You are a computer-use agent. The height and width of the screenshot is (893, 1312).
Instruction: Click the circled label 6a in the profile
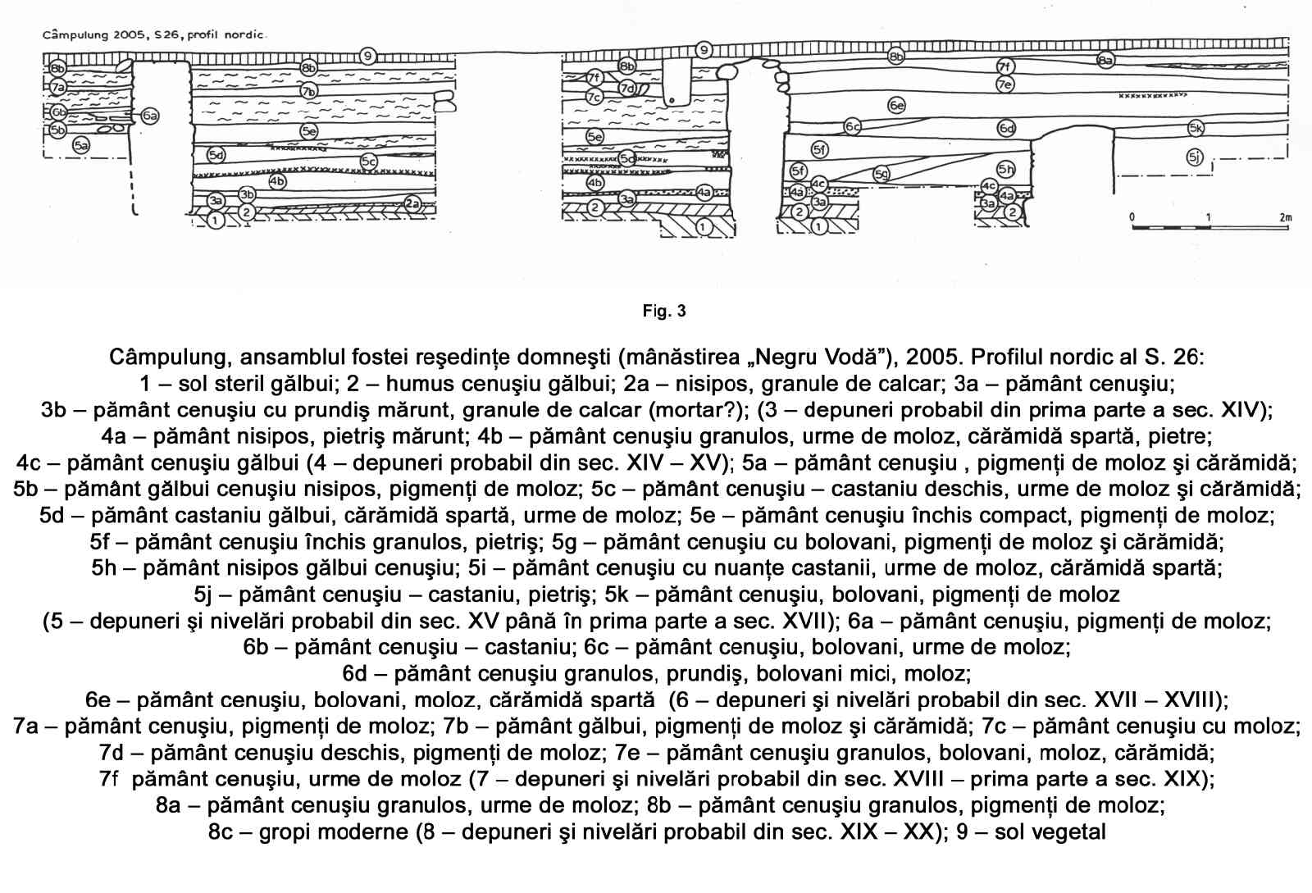149,116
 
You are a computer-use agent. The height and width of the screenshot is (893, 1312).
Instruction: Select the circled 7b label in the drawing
308,91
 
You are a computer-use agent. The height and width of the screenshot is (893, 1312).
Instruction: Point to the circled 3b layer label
247,194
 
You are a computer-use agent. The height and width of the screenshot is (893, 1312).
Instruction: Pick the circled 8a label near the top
1105,60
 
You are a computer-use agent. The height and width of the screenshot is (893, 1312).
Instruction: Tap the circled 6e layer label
896,105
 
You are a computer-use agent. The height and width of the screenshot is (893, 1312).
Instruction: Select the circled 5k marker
1196,128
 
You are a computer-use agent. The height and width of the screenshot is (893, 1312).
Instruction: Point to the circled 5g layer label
881,174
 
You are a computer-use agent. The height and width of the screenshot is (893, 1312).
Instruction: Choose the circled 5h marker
1006,170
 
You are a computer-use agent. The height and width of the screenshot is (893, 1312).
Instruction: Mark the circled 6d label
1006,128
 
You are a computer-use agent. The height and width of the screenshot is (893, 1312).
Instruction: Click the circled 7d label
627,88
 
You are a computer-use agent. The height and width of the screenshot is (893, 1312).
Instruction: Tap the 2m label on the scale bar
1284,217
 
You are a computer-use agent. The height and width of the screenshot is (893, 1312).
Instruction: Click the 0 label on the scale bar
1132,217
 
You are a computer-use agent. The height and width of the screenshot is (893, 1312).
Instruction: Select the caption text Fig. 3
664,311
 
